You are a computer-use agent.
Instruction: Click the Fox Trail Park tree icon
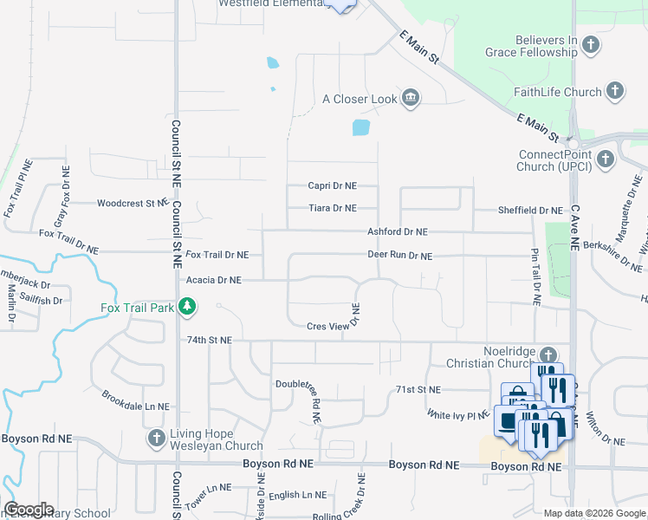186,307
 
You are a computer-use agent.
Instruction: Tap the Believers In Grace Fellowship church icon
591,44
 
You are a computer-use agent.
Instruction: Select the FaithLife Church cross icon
614,91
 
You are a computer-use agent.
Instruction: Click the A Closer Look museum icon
411,98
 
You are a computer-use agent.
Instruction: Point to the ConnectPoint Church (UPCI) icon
605,159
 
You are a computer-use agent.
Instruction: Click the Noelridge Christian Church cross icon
548,354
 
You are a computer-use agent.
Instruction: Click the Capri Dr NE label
333,185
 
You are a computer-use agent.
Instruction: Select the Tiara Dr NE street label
334,208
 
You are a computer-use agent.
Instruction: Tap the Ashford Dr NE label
398,232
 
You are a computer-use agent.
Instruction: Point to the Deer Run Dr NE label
399,256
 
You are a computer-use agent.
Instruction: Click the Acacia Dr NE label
212,280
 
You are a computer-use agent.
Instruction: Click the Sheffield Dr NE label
530,211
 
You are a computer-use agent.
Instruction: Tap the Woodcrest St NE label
132,204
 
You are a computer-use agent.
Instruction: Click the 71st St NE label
418,390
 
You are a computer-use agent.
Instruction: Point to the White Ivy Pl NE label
458,415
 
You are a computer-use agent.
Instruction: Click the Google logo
29,510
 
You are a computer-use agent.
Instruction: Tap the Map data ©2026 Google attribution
594,512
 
